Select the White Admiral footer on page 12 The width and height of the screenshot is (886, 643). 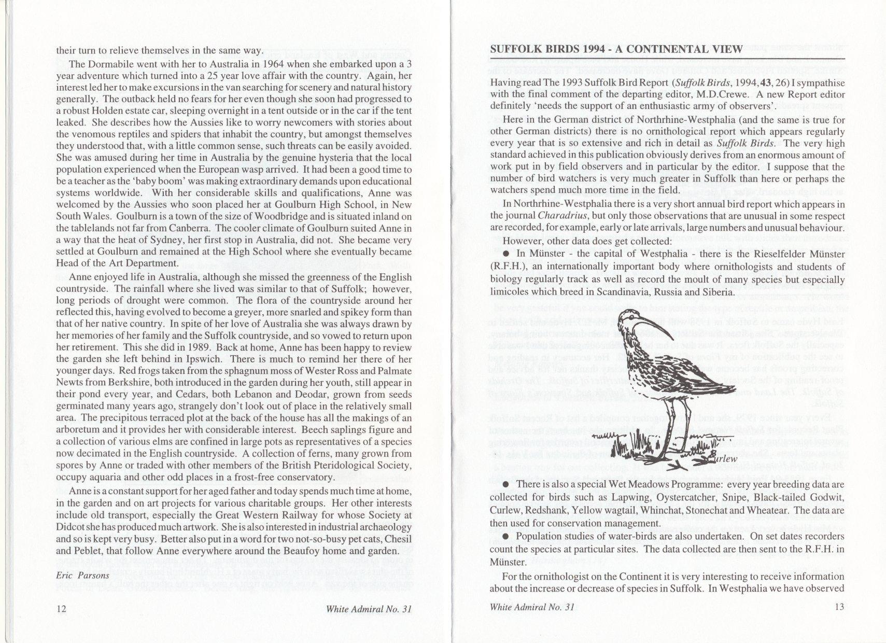(x=369, y=609)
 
